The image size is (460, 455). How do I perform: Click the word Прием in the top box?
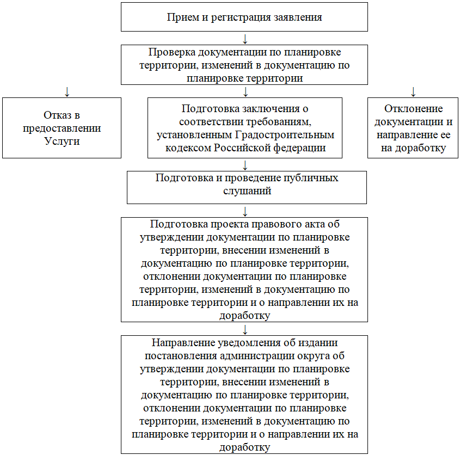pyautogui.click(x=180, y=17)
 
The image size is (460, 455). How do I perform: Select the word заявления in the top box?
pyautogui.click(x=299, y=17)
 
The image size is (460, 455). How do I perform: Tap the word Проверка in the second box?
pyautogui.click(x=172, y=52)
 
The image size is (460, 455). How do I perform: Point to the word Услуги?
pyautogui.click(x=62, y=142)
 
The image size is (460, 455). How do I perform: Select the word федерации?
pyautogui.click(x=303, y=147)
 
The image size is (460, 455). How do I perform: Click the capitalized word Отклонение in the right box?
pyautogui.click(x=413, y=109)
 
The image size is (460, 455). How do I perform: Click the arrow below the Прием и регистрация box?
pyautogui.click(x=245, y=39)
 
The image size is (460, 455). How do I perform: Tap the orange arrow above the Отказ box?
pyautogui.click(x=66, y=91)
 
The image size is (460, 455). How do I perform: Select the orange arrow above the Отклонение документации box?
pyautogui.click(x=413, y=91)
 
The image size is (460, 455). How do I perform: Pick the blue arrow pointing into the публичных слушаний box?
pyautogui.click(x=245, y=165)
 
